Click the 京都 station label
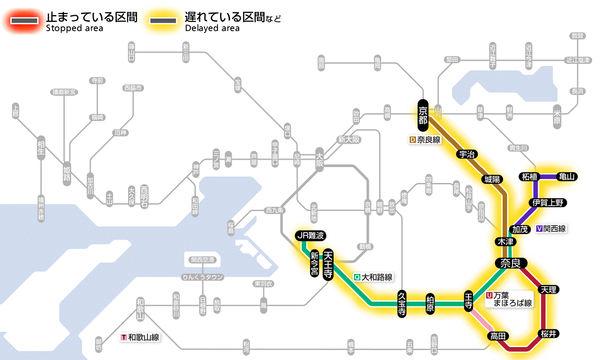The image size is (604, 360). [x=423, y=115]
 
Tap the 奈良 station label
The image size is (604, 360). [x=510, y=263]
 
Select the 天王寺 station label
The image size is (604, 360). [x=328, y=264]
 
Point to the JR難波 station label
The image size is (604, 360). [x=310, y=236]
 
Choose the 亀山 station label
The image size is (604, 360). [x=567, y=177]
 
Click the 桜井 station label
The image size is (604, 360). [x=548, y=333]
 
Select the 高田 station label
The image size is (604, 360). [x=498, y=336]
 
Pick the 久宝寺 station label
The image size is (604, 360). [x=402, y=305]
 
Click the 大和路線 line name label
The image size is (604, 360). [x=373, y=278]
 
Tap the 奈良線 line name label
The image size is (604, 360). [x=425, y=140]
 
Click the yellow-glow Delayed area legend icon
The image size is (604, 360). [x=163, y=21]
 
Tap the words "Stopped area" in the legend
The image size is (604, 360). [x=74, y=28]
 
